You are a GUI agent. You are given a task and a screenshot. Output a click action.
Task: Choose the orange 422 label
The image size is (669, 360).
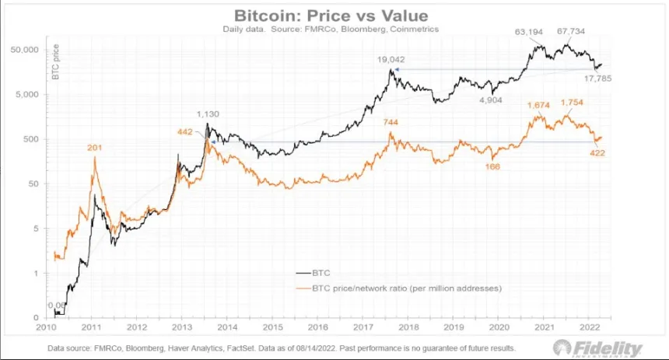[x=597, y=152]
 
